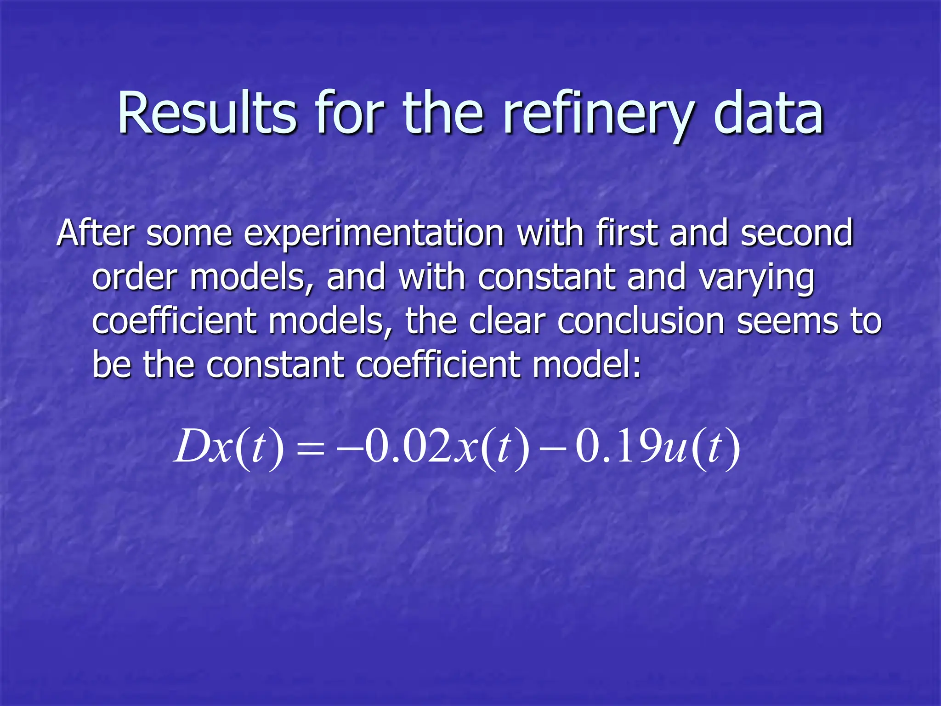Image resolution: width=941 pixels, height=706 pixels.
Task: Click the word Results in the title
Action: [x=207, y=114]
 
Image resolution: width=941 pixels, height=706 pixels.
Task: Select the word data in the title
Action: [x=768, y=114]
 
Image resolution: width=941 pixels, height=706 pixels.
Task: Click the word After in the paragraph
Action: [x=95, y=233]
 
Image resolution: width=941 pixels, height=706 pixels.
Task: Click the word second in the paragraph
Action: [x=797, y=233]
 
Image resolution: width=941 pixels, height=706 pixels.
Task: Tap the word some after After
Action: [x=189, y=234]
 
